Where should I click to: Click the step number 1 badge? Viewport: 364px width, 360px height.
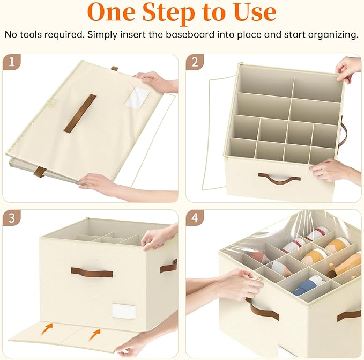pos(12,62)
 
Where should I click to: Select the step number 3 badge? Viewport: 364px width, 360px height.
pos(12,218)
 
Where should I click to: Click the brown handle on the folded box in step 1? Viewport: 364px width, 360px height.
pos(80,113)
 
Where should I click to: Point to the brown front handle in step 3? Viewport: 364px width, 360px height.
pos(92,271)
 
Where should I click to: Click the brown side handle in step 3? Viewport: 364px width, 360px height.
pos(168,265)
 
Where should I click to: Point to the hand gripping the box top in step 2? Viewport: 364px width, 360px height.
pos(348,69)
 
